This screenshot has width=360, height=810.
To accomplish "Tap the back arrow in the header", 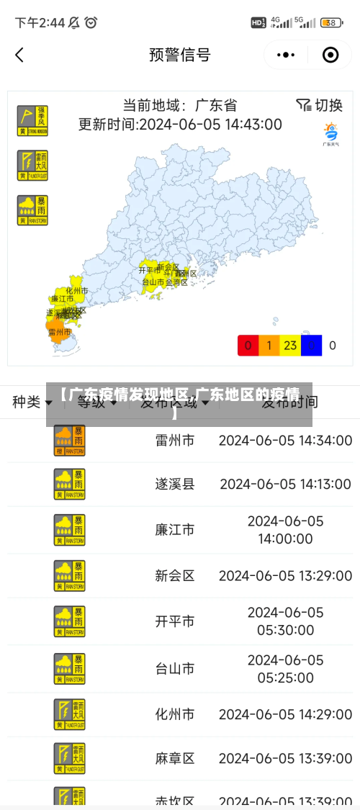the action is click(19, 55).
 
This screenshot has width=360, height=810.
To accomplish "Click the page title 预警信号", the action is click(180, 55).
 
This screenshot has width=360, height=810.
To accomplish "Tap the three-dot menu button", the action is click(286, 55).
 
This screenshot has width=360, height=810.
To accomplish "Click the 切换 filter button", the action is click(319, 105).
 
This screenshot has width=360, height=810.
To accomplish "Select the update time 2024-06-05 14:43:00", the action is click(180, 124).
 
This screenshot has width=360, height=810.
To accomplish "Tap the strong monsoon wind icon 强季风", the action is click(32, 121).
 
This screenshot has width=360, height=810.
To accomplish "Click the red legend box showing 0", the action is click(248, 346).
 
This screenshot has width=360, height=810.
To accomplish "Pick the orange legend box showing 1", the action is click(269, 346).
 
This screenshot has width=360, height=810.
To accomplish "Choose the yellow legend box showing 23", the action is click(290, 346).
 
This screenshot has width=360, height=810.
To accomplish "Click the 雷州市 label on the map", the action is click(59, 332).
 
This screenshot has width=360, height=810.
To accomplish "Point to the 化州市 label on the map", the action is click(76, 290).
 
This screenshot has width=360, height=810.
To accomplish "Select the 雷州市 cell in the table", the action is click(175, 440).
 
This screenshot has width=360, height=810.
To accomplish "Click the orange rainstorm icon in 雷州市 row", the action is click(70, 440).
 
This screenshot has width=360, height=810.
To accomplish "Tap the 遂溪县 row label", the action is click(175, 484).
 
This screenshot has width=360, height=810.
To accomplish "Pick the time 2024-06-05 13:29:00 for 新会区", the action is click(285, 575).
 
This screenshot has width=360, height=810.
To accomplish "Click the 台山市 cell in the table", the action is click(175, 668).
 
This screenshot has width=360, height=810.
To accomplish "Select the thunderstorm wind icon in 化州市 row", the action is click(70, 714).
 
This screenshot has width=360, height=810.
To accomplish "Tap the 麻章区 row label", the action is click(175, 758).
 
